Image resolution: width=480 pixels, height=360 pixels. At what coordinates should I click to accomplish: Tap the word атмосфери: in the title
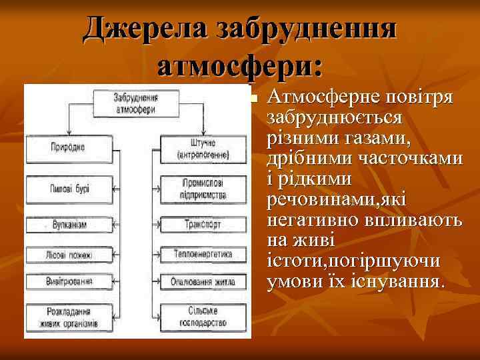(240, 67)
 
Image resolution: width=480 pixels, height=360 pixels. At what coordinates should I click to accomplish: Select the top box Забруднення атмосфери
(135, 103)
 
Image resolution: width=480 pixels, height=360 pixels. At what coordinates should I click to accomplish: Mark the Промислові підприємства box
(203, 189)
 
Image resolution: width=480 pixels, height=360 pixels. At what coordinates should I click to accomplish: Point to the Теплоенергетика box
(203, 254)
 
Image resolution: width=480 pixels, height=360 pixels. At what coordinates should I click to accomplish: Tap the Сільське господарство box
(203, 315)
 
